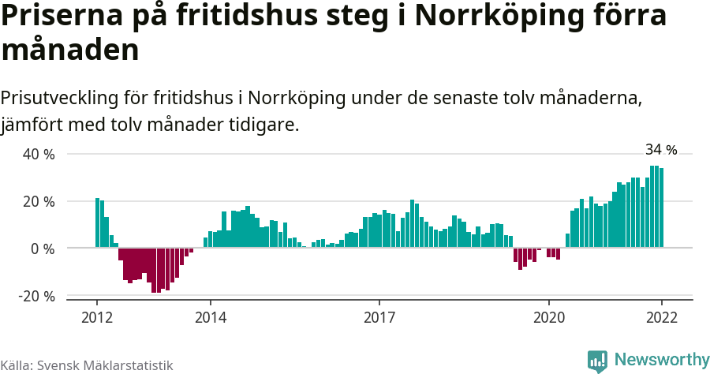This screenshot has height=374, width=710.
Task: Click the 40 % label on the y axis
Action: (39, 154)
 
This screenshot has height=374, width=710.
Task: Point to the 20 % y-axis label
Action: (39, 201)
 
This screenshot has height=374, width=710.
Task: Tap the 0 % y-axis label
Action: (43, 249)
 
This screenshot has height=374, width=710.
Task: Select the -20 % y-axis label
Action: (37, 296)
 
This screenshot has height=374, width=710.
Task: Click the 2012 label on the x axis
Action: (97, 317)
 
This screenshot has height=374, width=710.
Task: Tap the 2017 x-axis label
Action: (379, 317)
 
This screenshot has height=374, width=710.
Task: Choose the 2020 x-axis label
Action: (549, 317)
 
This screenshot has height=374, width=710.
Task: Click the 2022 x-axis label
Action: (661, 317)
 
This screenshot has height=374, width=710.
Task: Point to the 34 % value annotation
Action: (661, 149)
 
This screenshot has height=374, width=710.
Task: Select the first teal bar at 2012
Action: (97, 223)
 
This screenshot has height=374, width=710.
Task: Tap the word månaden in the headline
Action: (70, 50)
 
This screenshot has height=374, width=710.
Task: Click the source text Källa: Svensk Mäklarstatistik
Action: (87, 365)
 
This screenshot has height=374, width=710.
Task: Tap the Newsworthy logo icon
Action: (597, 361)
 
